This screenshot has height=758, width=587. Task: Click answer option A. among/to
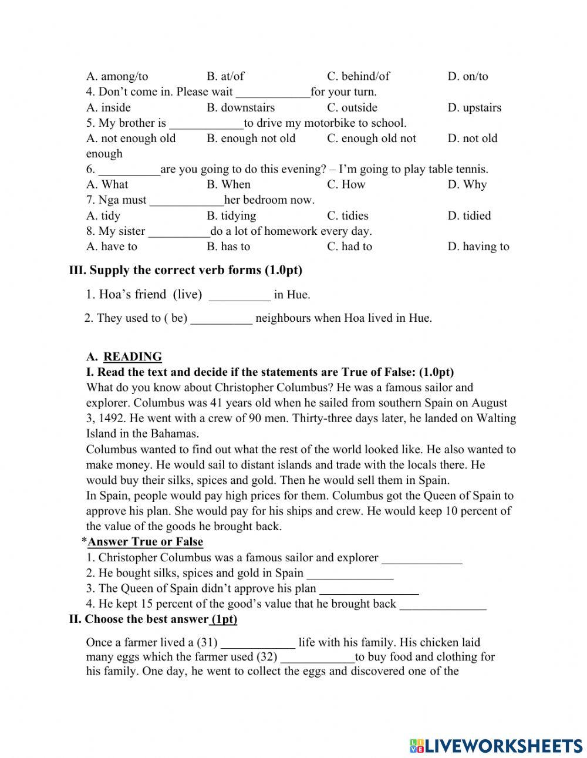[117, 76]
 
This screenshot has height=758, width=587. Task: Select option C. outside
[352, 107]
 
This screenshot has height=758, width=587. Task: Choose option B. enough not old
[251, 139]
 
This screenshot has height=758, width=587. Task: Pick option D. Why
[467, 184]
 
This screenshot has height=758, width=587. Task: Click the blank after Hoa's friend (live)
[239, 295]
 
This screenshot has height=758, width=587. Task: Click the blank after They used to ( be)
[221, 319]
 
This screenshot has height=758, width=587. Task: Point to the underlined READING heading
[132, 356]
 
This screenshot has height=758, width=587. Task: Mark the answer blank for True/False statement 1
[421, 558]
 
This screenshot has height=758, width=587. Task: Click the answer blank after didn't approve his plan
[369, 589]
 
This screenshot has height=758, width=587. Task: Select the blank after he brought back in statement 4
[443, 604]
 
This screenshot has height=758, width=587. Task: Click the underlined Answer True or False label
[145, 542]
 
